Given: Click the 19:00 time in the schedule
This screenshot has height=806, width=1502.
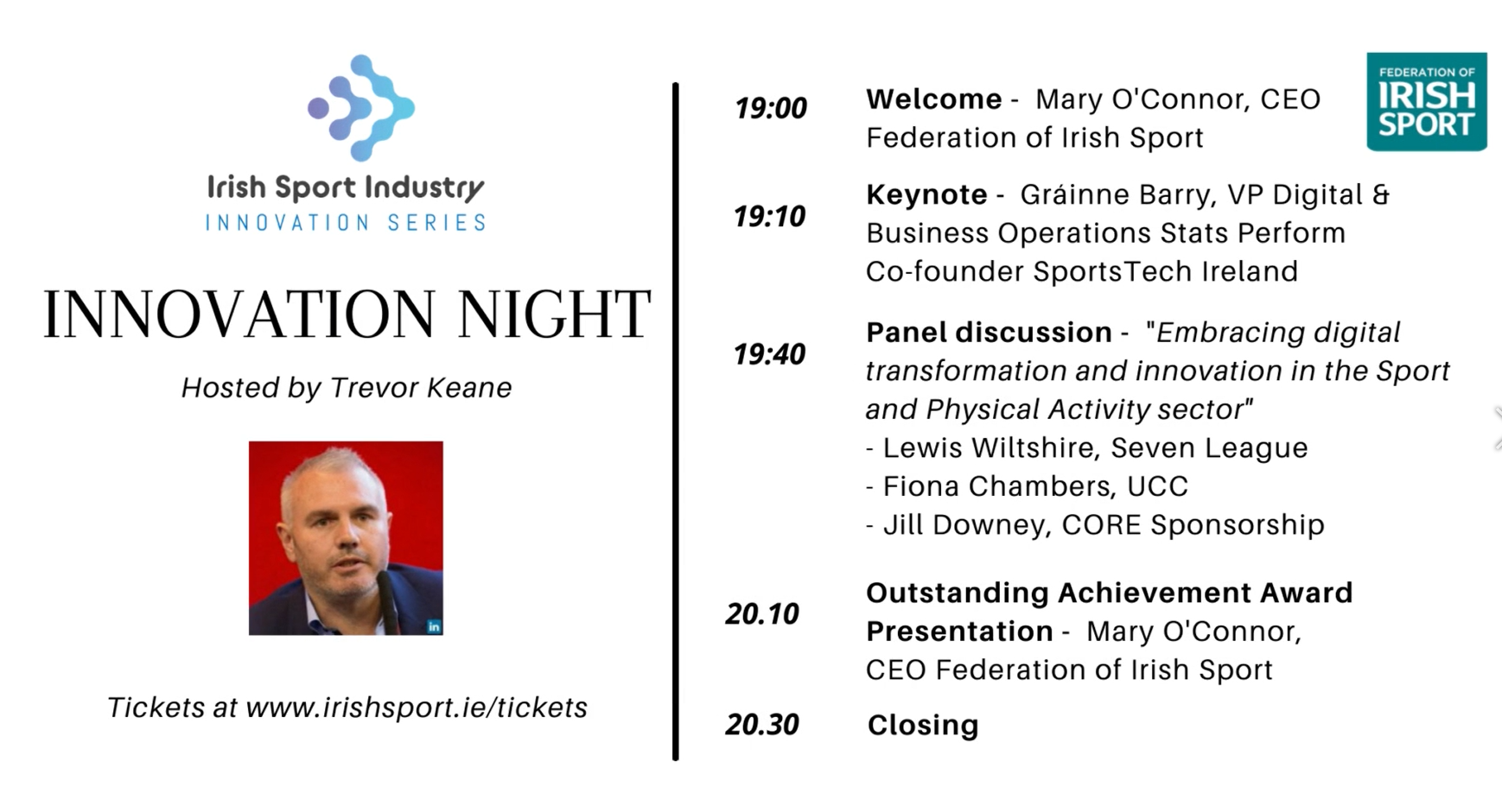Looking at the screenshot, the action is click(770, 108).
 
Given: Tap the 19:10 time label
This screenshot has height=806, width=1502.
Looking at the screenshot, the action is click(769, 216).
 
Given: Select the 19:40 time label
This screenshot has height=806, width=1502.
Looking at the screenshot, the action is click(769, 354).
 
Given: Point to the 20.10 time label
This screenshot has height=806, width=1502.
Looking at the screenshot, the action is click(762, 613).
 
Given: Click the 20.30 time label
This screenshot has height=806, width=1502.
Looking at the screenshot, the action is click(762, 724).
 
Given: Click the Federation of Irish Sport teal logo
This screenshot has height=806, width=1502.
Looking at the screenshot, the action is click(1426, 102).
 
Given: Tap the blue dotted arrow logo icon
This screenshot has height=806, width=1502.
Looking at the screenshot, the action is click(361, 108).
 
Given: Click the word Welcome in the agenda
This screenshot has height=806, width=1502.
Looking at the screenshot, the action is click(933, 99).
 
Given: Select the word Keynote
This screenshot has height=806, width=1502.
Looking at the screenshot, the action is click(926, 194).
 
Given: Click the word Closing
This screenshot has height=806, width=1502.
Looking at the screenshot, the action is click(923, 725).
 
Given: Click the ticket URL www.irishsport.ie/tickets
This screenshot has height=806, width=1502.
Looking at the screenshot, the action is click(417, 708).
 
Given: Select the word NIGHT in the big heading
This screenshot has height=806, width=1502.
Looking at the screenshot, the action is click(554, 314).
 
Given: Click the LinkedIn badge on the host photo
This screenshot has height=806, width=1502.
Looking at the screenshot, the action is click(434, 626).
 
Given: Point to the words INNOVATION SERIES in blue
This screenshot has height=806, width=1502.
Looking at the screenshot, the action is click(346, 223).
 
